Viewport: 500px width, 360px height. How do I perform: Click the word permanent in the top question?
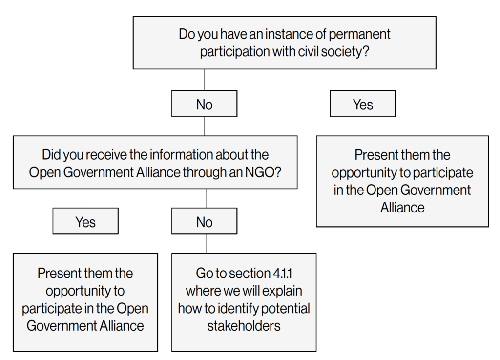point(359,34)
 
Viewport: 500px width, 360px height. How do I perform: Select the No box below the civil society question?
point(205,104)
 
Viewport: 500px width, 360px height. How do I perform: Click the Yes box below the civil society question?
point(363,104)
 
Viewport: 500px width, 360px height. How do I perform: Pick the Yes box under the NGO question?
point(85,221)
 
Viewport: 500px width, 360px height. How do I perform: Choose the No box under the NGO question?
point(205,221)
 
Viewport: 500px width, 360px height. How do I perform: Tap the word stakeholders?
point(244,326)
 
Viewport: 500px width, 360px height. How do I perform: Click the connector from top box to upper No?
point(205,80)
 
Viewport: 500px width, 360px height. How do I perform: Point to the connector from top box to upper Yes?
point(363,80)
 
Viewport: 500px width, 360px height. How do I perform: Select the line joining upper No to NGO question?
point(205,127)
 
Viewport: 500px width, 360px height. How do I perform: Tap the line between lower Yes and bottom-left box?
point(85,244)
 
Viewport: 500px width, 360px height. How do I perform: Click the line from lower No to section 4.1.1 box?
point(206,244)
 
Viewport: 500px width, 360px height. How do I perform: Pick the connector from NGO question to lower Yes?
point(85,198)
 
